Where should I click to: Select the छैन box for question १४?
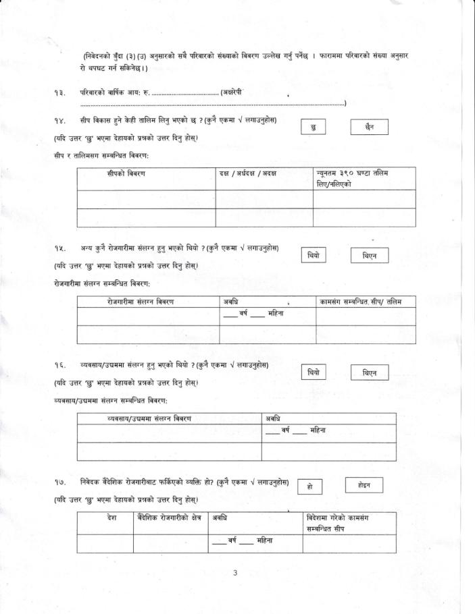[x=369, y=127]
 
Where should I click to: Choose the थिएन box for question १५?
[x=369, y=256]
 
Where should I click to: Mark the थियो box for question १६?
[x=314, y=372]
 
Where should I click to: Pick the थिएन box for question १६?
[x=369, y=373]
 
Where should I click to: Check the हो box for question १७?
[x=309, y=486]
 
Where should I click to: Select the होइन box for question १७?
[x=365, y=484]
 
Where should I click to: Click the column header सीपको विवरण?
[x=126, y=174]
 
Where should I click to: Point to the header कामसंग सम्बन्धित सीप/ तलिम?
[x=360, y=302]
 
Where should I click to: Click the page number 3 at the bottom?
[x=235, y=574]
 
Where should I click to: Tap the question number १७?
[x=59, y=482]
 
